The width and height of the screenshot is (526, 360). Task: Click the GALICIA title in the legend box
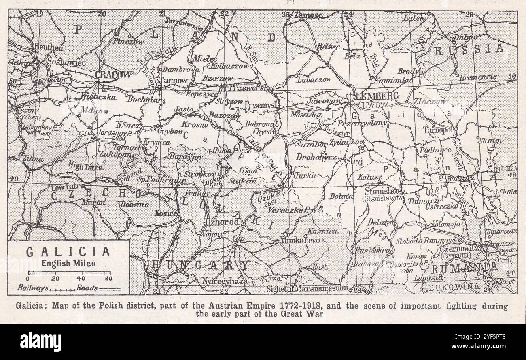pos(68,251)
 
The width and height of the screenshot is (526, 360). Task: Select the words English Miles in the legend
pos(68,263)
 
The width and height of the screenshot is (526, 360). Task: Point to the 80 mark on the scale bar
pos(108,279)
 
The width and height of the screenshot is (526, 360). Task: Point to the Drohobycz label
pos(316,157)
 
